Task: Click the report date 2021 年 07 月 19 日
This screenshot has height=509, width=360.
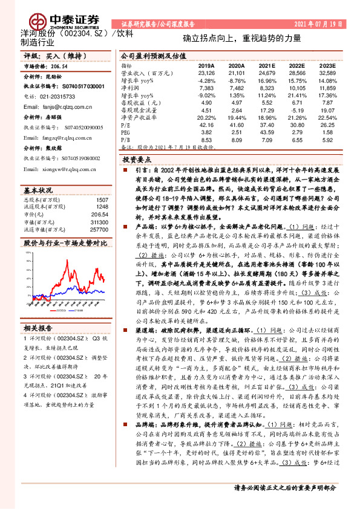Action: click(x=318, y=24)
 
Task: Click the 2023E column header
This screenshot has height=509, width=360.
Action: click(x=327, y=65)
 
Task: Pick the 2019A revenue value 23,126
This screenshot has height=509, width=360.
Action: click(x=206, y=73)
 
